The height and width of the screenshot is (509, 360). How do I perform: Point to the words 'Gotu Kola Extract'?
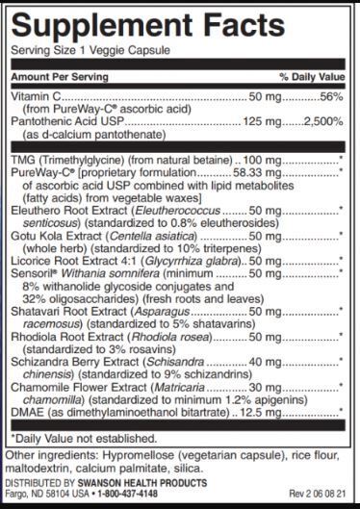coord(55,234)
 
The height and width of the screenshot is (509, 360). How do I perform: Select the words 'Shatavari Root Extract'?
coord(67,310)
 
